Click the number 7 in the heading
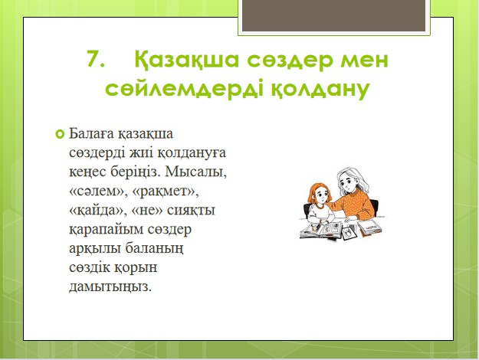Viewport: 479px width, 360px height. (x=96, y=58)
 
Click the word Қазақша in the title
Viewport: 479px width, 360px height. (x=186, y=59)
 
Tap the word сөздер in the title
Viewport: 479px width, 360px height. (x=290, y=61)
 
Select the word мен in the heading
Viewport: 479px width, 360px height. (x=365, y=61)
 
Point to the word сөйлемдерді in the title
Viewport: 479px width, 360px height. (x=184, y=89)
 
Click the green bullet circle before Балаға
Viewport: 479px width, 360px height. (x=60, y=134)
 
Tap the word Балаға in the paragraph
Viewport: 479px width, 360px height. (x=92, y=134)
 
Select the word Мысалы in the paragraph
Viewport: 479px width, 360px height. (x=195, y=172)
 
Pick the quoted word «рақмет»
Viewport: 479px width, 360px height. (x=166, y=191)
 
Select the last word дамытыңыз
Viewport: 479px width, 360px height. (x=110, y=287)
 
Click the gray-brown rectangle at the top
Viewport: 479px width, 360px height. (x=334, y=15)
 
